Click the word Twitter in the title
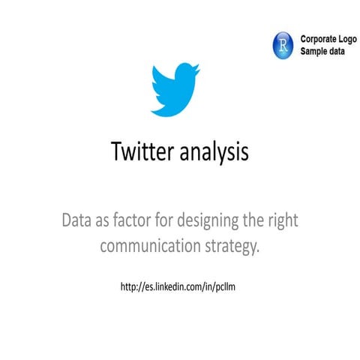coord(142,152)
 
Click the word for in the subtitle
coord(171,222)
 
